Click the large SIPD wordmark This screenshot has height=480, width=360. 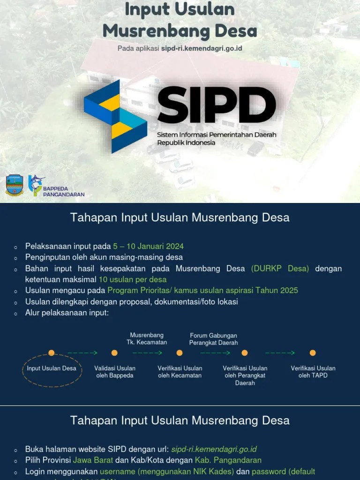217,104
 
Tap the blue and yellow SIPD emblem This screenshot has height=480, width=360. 115,116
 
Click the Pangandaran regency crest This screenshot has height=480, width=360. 15,185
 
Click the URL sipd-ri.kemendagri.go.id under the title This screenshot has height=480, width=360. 202,48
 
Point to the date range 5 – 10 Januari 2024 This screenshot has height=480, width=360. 148,246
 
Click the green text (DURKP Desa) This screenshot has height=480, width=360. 280,269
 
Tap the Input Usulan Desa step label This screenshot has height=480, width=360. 52,368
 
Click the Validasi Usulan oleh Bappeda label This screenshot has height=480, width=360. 115,372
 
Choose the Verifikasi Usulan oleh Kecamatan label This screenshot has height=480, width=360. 180,372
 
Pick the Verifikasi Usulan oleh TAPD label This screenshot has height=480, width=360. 313,372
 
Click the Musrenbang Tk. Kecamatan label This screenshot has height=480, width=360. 147,338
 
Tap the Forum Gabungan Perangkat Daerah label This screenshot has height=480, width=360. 213,339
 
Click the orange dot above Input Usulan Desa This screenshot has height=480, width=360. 52,353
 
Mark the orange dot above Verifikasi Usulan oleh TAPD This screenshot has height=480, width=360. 313,353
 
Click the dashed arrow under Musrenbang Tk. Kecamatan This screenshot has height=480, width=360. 147,353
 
